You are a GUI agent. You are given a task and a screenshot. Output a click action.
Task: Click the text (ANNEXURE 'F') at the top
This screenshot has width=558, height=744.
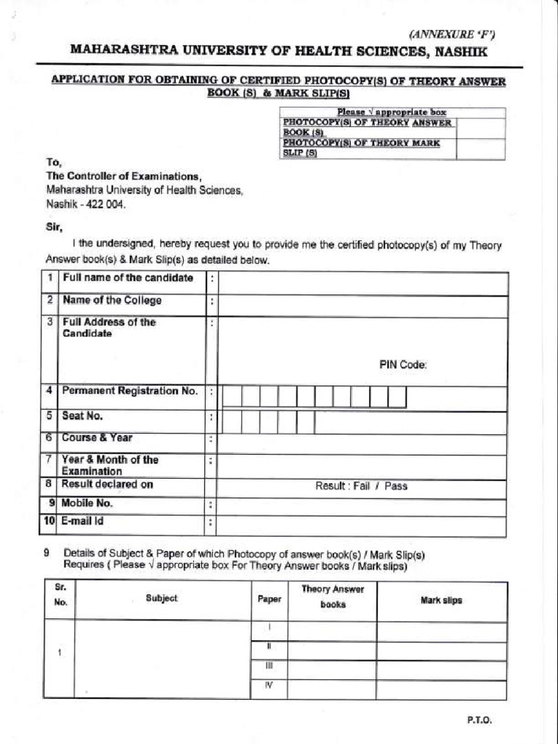point(452,33)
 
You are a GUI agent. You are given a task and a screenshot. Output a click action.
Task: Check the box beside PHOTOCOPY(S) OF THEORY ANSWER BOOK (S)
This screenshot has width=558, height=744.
point(480,127)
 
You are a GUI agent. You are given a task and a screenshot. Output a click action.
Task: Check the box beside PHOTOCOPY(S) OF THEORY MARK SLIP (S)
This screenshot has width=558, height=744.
point(480,148)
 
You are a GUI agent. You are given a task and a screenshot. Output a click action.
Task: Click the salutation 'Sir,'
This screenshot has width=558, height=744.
point(54,227)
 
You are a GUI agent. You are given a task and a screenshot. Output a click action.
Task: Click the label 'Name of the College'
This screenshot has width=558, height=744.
point(112,301)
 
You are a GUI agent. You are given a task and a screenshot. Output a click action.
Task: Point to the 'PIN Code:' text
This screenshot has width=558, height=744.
point(403,365)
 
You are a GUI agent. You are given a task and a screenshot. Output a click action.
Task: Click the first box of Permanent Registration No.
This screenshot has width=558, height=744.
point(232,397)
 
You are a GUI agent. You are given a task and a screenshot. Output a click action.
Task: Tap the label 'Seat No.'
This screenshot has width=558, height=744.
point(82,416)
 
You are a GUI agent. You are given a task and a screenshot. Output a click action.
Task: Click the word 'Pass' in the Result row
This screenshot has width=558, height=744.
point(396,486)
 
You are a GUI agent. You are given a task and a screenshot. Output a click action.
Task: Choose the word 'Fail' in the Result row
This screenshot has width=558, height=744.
point(362,486)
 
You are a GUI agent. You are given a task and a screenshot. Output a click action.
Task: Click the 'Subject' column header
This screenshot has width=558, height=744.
point(161,599)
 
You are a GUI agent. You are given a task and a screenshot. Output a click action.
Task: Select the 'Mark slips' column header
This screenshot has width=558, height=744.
point(441,600)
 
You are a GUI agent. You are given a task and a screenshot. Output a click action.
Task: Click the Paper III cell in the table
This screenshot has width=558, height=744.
point(269,666)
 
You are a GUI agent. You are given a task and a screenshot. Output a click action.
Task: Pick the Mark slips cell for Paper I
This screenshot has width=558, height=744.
point(441,631)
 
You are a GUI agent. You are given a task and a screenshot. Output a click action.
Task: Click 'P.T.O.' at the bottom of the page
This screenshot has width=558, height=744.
point(480,720)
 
